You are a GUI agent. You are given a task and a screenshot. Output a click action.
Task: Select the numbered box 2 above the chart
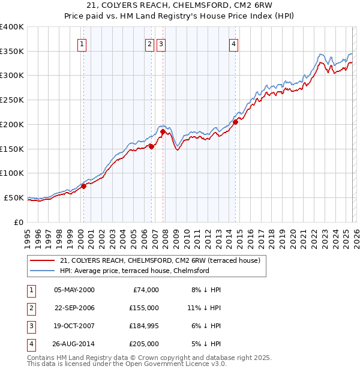point(149,44)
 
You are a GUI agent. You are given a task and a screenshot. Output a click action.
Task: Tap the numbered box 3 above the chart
point(161,44)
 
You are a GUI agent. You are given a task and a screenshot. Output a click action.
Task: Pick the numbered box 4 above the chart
point(233,44)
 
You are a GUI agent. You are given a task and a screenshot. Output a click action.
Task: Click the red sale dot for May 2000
point(84,186)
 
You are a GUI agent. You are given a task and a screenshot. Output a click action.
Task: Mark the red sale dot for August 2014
point(235,122)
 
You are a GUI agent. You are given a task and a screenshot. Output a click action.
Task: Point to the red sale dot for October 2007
point(163,131)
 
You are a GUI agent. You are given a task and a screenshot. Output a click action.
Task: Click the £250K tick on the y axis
point(12,100)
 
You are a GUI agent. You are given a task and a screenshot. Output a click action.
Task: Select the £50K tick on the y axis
point(14,197)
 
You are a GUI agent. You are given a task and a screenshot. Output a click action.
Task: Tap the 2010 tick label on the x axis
point(187,235)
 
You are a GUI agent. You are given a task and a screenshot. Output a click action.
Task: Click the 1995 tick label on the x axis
point(28,235)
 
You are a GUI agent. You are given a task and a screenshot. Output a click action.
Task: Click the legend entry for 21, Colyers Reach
point(159,261)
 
